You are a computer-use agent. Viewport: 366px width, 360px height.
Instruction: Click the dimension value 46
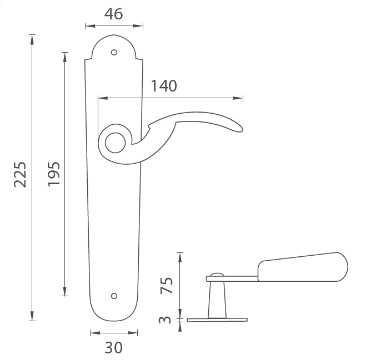pos(113,14)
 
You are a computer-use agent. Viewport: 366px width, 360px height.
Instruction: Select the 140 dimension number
pos(164,86)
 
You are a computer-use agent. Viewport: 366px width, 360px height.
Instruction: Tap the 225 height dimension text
pos(20,174)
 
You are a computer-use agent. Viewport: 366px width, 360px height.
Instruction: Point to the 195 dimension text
pos(54,174)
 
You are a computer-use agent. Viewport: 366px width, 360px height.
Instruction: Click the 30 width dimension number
pos(114,348)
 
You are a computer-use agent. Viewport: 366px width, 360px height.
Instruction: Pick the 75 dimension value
pos(167,285)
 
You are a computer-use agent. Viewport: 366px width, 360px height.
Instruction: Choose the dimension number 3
pos(165,320)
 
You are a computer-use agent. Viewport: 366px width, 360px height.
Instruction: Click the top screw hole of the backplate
pos(114,52)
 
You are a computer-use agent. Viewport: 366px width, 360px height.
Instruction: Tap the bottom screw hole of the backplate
pos(114,296)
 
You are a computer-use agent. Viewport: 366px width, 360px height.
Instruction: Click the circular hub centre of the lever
pos(116,143)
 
